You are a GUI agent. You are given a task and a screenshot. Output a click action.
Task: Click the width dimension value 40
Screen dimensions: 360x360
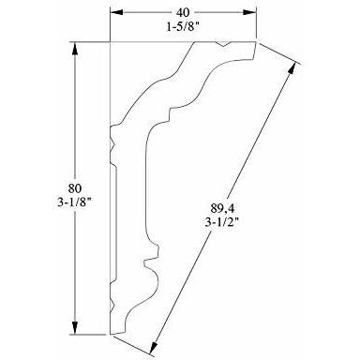point(183,13)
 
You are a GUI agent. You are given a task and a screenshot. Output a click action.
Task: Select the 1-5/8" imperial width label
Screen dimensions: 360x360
point(183,27)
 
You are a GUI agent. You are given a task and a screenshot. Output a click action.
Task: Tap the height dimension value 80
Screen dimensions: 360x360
point(75,188)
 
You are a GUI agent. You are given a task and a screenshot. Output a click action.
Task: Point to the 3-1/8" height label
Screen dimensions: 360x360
point(74,202)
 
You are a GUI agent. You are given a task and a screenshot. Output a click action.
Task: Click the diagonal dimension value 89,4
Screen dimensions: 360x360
point(222,208)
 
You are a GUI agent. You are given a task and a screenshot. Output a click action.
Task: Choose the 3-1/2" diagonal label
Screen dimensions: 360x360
point(222,222)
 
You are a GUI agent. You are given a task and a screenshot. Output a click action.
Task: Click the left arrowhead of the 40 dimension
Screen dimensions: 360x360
point(116,12)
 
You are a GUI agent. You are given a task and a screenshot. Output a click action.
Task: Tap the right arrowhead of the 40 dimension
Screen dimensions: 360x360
point(250,12)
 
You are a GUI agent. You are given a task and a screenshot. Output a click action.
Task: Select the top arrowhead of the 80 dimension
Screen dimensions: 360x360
point(75,49)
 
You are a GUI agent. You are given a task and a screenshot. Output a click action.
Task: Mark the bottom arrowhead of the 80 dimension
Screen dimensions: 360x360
point(75,327)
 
